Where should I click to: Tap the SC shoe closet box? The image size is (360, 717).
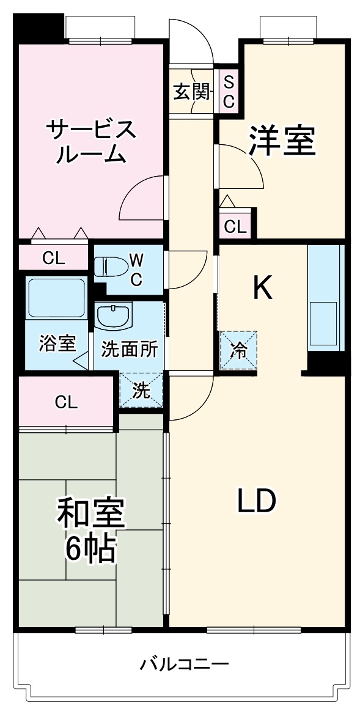click(x=229, y=92)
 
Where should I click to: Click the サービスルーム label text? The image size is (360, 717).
click(x=90, y=141)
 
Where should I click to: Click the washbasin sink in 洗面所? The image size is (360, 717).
click(x=113, y=316)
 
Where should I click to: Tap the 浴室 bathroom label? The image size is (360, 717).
click(x=57, y=344)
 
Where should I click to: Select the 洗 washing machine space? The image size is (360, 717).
click(x=142, y=391)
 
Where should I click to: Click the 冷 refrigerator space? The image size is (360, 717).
click(x=239, y=350)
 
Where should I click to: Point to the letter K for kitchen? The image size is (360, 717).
click(x=263, y=287)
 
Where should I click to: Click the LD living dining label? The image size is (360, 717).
click(x=257, y=501)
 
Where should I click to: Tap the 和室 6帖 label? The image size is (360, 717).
click(x=90, y=530)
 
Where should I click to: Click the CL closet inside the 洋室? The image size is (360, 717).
click(x=236, y=226)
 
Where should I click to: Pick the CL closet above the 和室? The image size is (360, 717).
click(x=66, y=402)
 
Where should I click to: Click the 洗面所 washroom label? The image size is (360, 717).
click(x=130, y=350)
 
